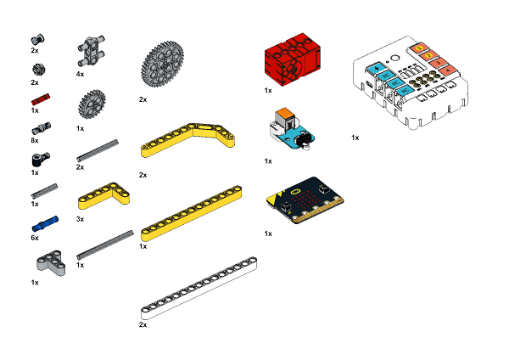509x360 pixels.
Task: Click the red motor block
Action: [x=292, y=60]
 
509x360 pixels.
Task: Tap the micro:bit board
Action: [x=305, y=200]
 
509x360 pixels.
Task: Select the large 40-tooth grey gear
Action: [x=162, y=64]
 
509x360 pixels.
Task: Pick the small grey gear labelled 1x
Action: [x=92, y=104]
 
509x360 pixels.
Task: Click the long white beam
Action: [x=199, y=288]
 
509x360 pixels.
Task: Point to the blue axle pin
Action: [x=45, y=223]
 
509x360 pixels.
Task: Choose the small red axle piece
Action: [x=41, y=98]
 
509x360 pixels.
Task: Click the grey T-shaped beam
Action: [x=51, y=262]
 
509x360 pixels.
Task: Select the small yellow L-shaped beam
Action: [x=103, y=195]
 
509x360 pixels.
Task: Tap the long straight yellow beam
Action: [x=191, y=213]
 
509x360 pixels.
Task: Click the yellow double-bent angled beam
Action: [x=187, y=140]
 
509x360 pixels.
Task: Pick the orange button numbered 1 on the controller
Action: [x=419, y=48]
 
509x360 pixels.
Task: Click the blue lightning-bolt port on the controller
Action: [x=377, y=68]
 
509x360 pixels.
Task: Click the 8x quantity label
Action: [x=35, y=141]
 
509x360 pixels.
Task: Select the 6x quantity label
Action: [x=35, y=238]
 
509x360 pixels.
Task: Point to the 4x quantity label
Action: [x=80, y=75]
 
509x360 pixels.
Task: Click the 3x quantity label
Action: [x=80, y=219]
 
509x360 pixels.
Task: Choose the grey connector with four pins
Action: [x=91, y=51]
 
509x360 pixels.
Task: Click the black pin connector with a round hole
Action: [x=41, y=159]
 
